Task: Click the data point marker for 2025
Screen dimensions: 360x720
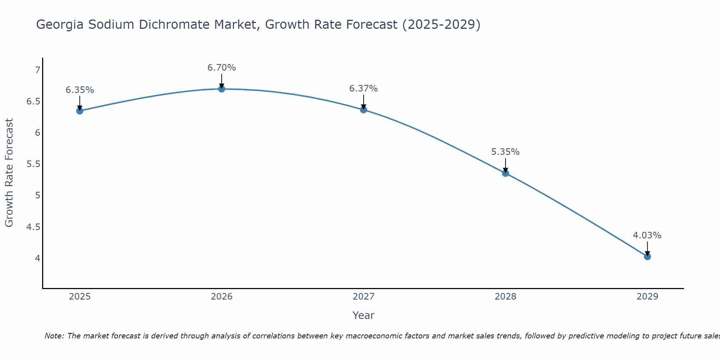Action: click(x=80, y=111)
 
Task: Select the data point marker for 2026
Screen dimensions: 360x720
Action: click(x=222, y=89)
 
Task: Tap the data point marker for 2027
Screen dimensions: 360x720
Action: click(x=364, y=110)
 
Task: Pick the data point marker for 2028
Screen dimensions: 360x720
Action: click(x=505, y=173)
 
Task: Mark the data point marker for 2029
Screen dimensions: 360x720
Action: click(x=647, y=257)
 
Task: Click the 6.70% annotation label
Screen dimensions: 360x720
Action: click(x=222, y=68)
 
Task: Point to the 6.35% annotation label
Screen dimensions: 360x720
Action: click(x=80, y=90)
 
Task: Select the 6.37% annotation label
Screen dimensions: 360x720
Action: click(x=364, y=89)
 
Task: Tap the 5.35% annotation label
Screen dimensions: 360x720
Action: click(x=505, y=152)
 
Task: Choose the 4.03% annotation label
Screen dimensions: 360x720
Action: click(x=647, y=235)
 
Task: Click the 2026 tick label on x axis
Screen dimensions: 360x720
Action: click(x=222, y=297)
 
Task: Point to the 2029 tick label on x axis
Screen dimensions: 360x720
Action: click(x=647, y=297)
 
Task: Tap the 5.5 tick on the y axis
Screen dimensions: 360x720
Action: click(x=33, y=164)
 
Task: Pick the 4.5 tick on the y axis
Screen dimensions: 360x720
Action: click(x=33, y=227)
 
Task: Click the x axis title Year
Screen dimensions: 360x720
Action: click(x=364, y=315)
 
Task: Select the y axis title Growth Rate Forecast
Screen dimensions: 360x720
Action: click(x=9, y=173)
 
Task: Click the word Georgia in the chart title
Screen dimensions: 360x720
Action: click(x=60, y=25)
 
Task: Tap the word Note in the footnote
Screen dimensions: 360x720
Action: click(x=54, y=336)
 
